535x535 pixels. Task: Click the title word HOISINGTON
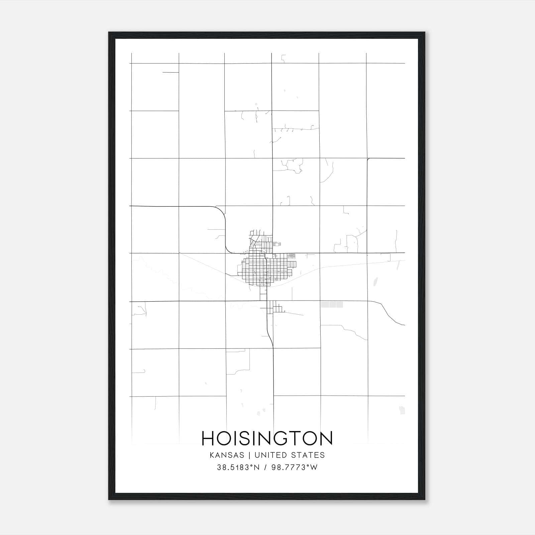267,438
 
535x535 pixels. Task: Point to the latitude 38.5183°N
238,467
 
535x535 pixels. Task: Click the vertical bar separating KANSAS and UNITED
251,455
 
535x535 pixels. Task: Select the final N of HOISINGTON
326,438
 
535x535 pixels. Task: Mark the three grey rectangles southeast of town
332,305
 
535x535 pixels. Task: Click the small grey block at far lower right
402,410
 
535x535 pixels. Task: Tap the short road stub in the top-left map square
171,72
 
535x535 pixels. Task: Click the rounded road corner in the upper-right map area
368,159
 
